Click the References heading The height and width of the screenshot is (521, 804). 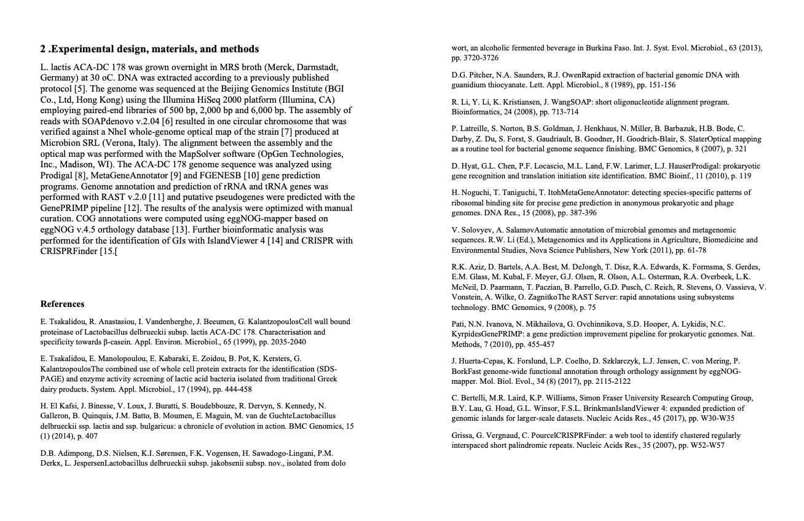click(62, 304)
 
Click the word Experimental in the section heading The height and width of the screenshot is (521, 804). click(83, 49)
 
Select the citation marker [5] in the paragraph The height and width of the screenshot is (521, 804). click(80, 89)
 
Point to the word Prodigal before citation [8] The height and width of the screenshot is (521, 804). click(57, 175)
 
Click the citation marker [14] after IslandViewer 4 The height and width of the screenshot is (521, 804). click(274, 241)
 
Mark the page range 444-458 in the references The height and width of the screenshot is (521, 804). click(231, 389)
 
